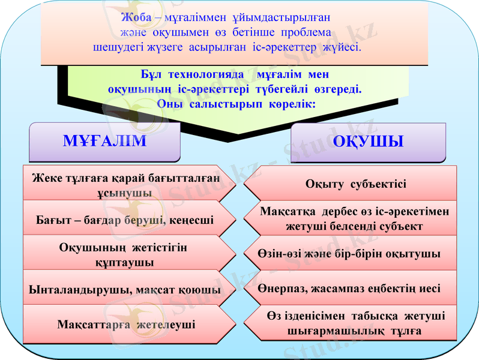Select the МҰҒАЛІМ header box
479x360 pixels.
click(x=105, y=142)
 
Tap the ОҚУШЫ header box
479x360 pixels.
click(x=368, y=143)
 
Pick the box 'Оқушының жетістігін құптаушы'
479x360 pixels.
click(x=123, y=254)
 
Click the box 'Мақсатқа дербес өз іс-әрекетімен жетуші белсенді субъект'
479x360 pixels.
click(x=354, y=219)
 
